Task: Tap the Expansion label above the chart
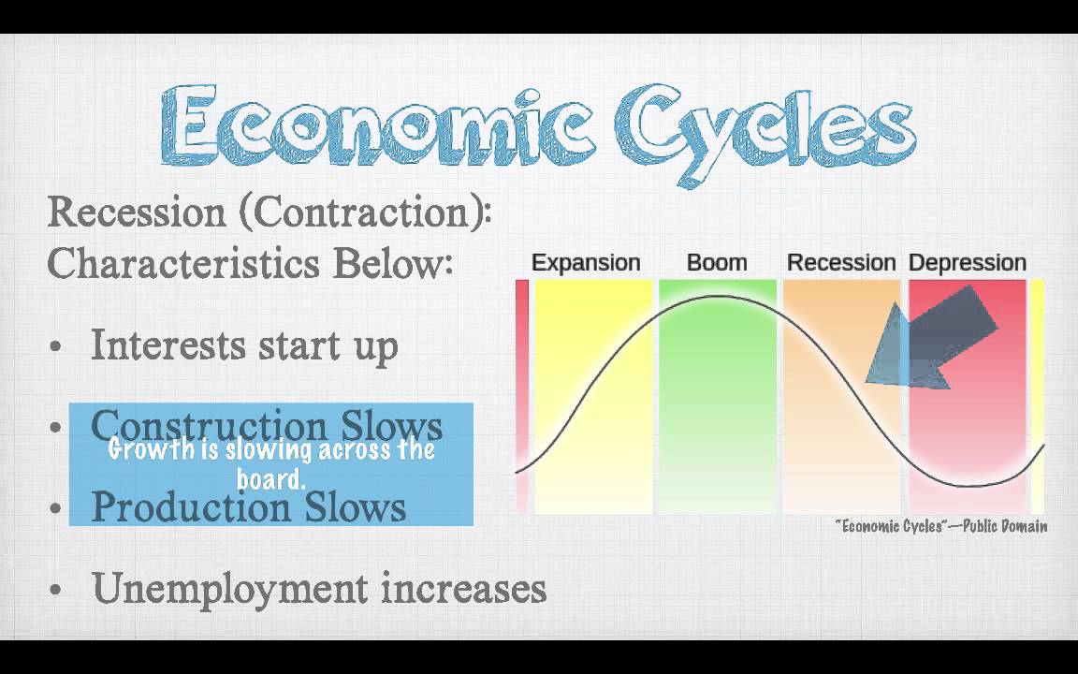point(586,263)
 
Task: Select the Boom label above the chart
point(717,263)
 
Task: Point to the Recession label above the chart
point(841,263)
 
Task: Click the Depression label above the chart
point(968,263)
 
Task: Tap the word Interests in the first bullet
point(169,344)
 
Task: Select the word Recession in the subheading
point(137,212)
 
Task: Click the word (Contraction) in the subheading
point(365,212)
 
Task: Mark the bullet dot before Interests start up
point(56,347)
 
